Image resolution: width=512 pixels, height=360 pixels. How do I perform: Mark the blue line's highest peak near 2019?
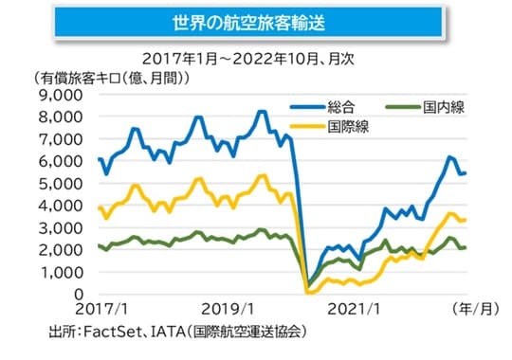(x=261, y=112)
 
